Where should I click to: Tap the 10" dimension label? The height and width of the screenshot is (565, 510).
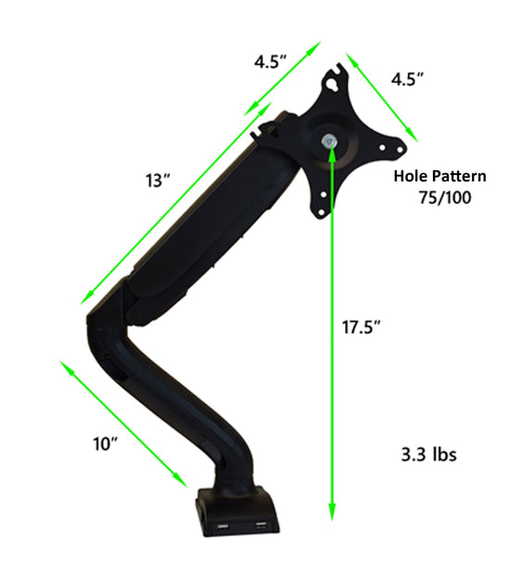tap(107, 445)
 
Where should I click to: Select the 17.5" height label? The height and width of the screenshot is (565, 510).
tap(363, 326)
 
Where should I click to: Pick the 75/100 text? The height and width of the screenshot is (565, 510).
tap(445, 196)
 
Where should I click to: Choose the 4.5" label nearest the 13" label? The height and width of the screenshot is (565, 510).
tap(271, 62)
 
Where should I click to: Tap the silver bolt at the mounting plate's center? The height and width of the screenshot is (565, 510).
tap(331, 142)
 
